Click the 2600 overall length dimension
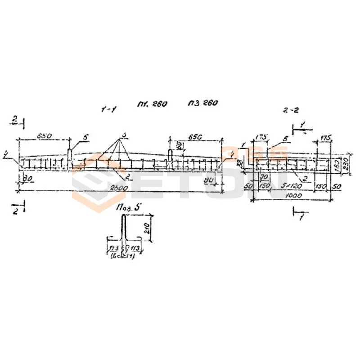[x=120, y=188]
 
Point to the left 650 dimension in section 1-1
[x=45, y=135]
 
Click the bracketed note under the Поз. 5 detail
[x=122, y=256]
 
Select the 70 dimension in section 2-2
[x=265, y=177]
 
